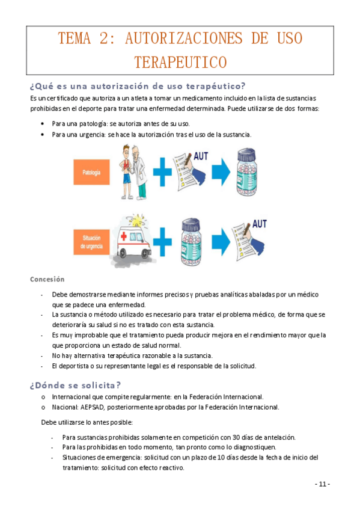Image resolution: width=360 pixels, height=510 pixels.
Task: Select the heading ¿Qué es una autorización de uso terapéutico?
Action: click(138, 84)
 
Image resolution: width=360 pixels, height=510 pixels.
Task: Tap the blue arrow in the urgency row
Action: click(221, 238)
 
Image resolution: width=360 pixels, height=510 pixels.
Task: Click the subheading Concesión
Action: click(47, 279)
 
